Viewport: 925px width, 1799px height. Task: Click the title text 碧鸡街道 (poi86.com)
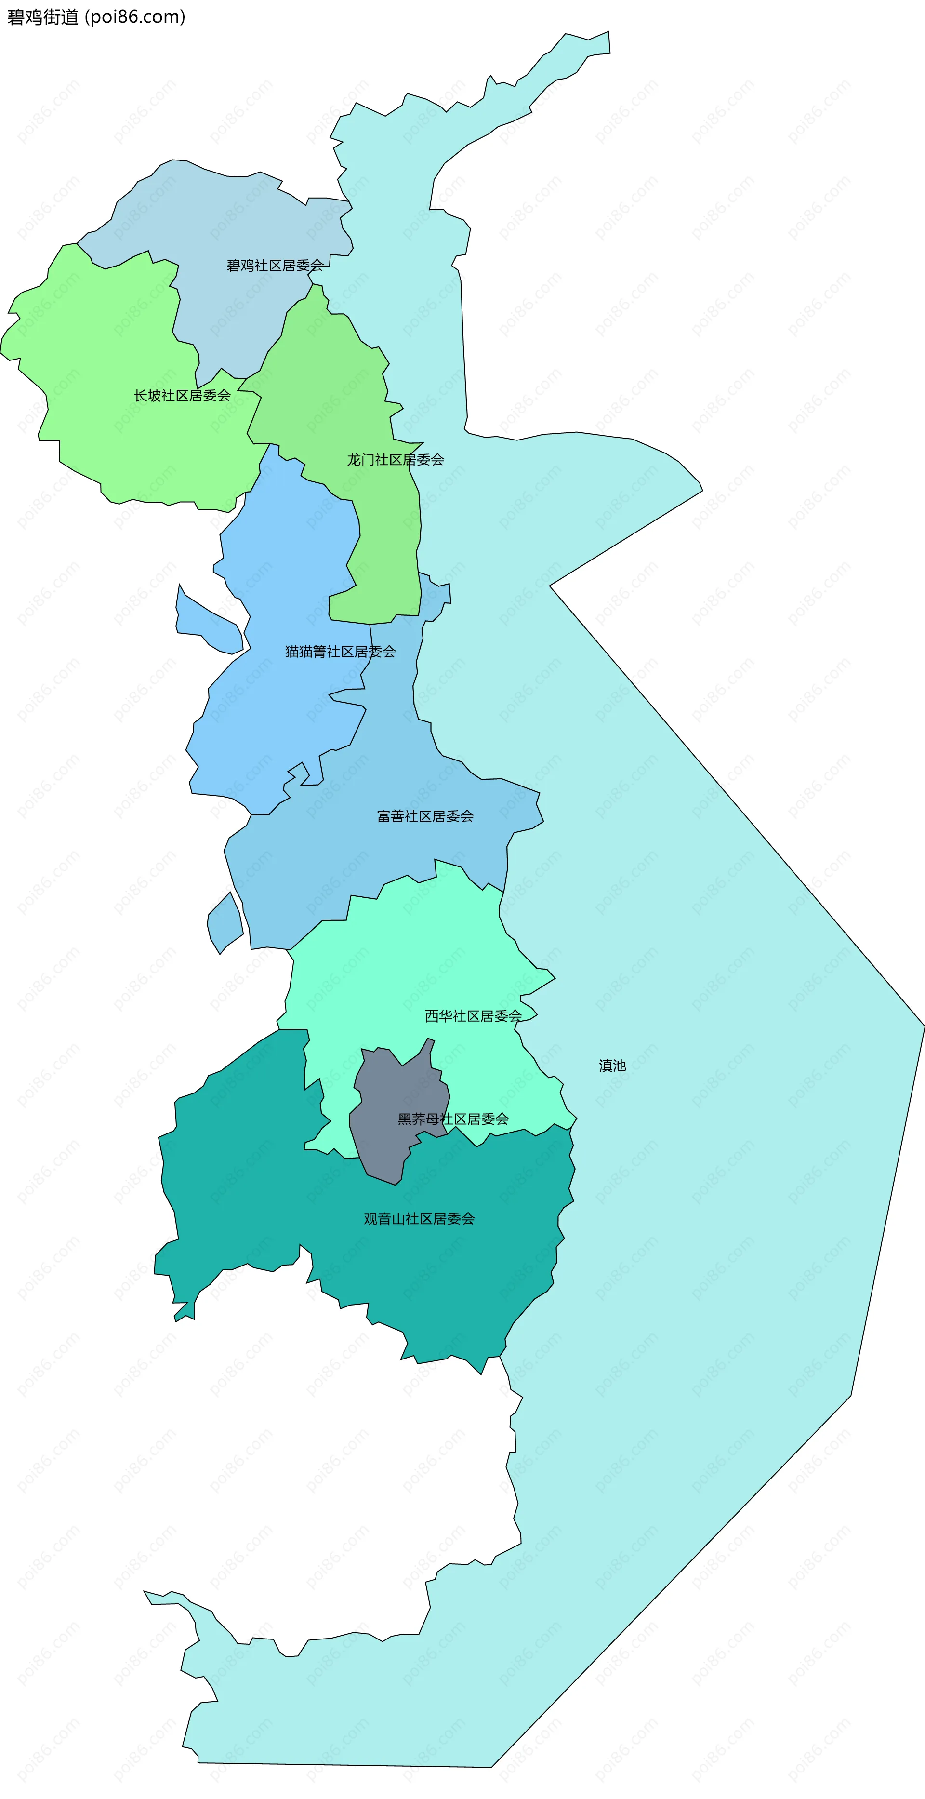[x=96, y=17]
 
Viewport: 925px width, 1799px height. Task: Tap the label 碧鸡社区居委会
[x=275, y=266]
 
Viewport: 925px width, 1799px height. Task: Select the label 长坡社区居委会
[x=182, y=395]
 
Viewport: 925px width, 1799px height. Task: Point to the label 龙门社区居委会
[x=396, y=460]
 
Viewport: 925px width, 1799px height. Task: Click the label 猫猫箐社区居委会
[x=340, y=652]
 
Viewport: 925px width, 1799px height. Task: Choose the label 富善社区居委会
[x=425, y=816]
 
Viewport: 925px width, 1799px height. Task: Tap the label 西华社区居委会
[x=473, y=1016]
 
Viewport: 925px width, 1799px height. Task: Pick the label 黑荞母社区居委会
[x=453, y=1119]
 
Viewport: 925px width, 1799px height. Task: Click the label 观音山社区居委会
[x=419, y=1219]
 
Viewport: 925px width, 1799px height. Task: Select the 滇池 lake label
[x=612, y=1066]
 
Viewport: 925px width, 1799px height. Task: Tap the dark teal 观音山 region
[x=238, y=1187]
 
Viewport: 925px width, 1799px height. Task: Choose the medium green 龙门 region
[x=335, y=391]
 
